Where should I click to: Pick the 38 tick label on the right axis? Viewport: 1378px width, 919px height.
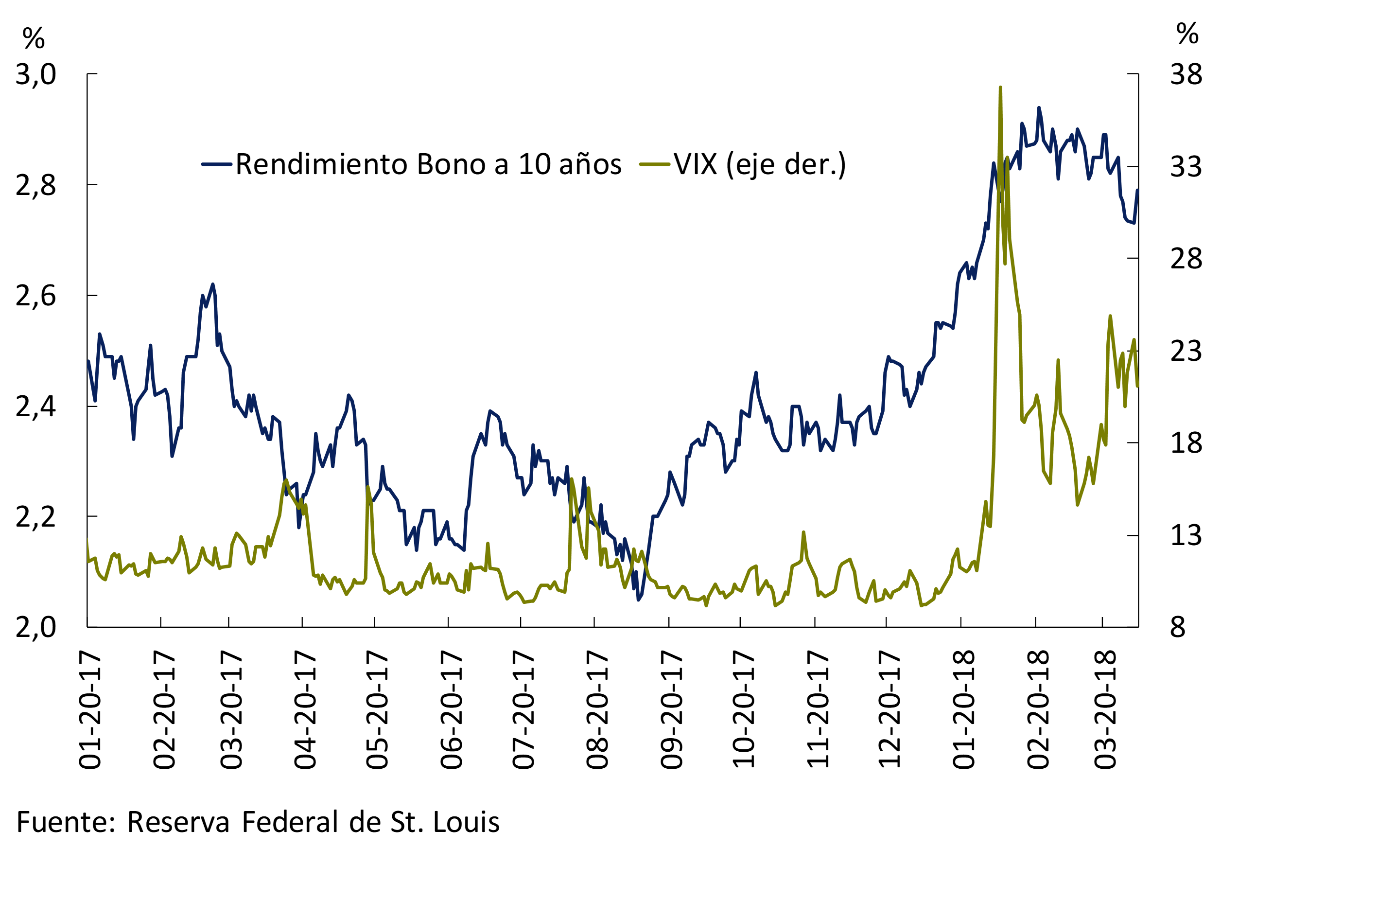point(1186,74)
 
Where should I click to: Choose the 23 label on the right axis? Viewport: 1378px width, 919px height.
point(1186,351)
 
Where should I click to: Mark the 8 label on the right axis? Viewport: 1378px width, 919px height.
point(1178,628)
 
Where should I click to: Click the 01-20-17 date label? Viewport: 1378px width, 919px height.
point(90,710)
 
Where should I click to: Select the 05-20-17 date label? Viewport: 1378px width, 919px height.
point(377,710)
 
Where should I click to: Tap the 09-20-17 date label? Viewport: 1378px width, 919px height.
point(671,710)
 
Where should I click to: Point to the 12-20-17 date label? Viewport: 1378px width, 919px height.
point(890,710)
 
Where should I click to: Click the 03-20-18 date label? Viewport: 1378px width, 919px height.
point(1105,710)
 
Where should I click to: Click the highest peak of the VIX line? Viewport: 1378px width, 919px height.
point(1000,88)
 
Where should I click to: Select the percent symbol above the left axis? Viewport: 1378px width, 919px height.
point(34,39)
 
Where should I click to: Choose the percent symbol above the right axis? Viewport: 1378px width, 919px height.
point(1187,34)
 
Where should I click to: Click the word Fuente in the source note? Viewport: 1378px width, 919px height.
point(65,822)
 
